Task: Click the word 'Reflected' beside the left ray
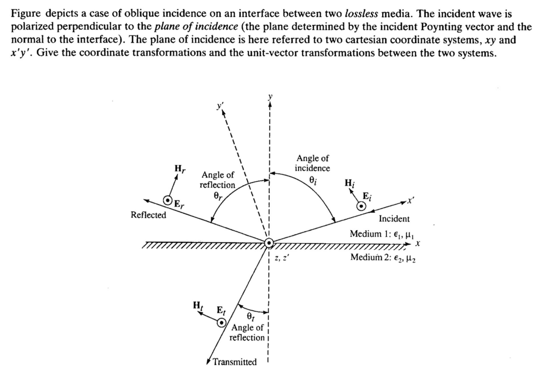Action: click(x=149, y=215)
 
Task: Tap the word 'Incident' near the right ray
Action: click(x=394, y=218)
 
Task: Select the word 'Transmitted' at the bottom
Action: click(x=234, y=362)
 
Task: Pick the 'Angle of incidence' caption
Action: click(x=313, y=163)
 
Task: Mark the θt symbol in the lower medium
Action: click(x=250, y=316)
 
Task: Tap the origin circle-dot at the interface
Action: click(x=269, y=243)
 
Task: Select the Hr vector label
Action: click(x=180, y=168)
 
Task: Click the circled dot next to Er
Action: click(x=168, y=201)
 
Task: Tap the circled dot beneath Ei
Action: click(x=362, y=206)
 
